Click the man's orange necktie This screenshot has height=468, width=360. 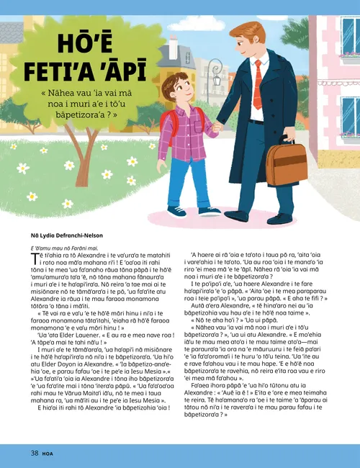[257, 83]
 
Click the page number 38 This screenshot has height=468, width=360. [34, 453]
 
